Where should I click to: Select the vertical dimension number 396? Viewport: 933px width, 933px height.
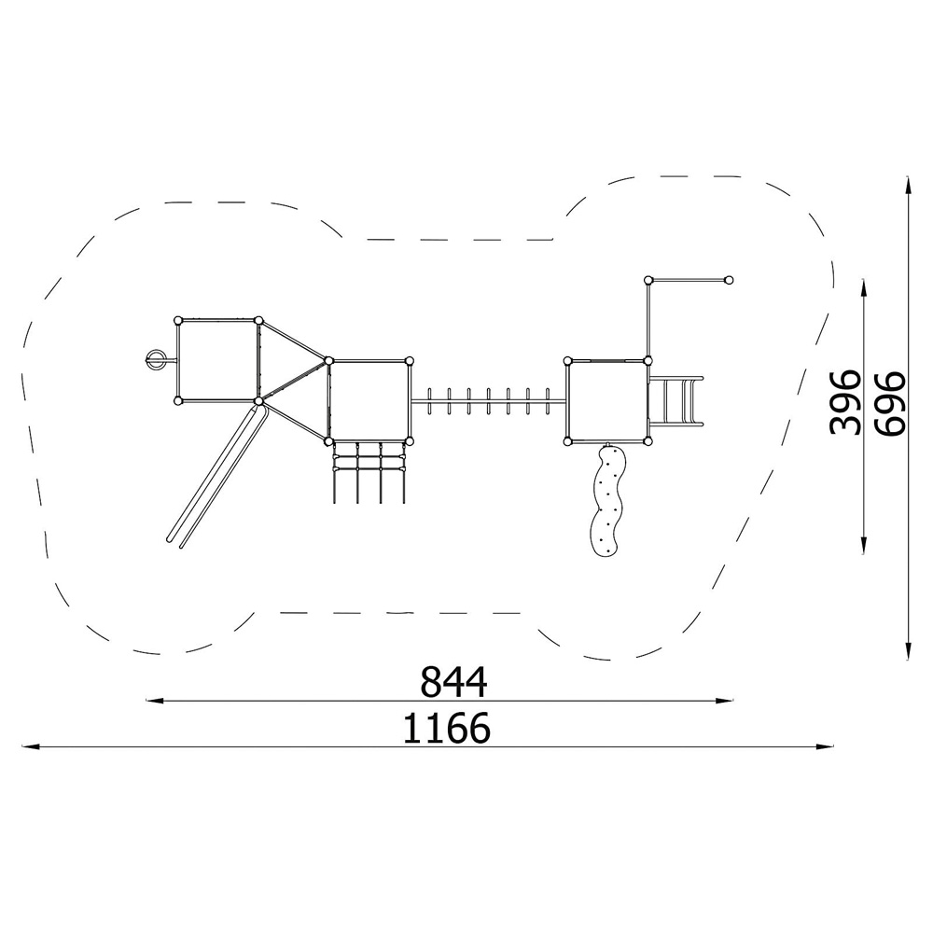click(845, 402)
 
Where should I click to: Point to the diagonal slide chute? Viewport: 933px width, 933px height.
click(216, 472)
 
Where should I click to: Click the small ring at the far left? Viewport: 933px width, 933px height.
click(155, 359)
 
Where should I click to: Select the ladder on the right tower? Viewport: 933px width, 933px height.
click(675, 400)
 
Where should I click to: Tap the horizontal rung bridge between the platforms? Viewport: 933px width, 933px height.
click(488, 401)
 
